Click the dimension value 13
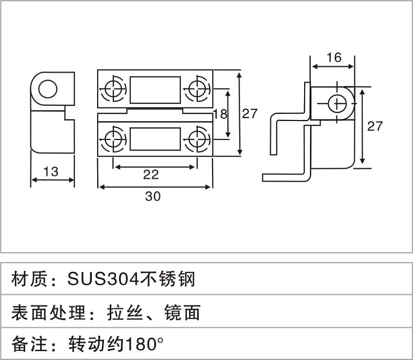click(x=51, y=171)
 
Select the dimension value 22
click(x=151, y=174)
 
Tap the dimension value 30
click(x=153, y=196)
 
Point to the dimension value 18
click(x=220, y=114)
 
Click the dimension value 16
click(x=334, y=57)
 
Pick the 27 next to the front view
click(x=249, y=114)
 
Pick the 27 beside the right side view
click(x=375, y=126)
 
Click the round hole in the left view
click(x=48, y=89)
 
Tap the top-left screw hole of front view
click(x=114, y=89)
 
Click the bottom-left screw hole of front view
click(x=114, y=139)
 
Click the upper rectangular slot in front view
click(x=155, y=90)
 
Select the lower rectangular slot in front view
click(x=155, y=139)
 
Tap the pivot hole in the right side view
click(x=337, y=104)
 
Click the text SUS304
click(x=103, y=279)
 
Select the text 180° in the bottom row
click(x=144, y=344)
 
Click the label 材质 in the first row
click(x=29, y=279)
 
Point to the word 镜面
click(x=182, y=312)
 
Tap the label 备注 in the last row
click(x=29, y=344)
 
